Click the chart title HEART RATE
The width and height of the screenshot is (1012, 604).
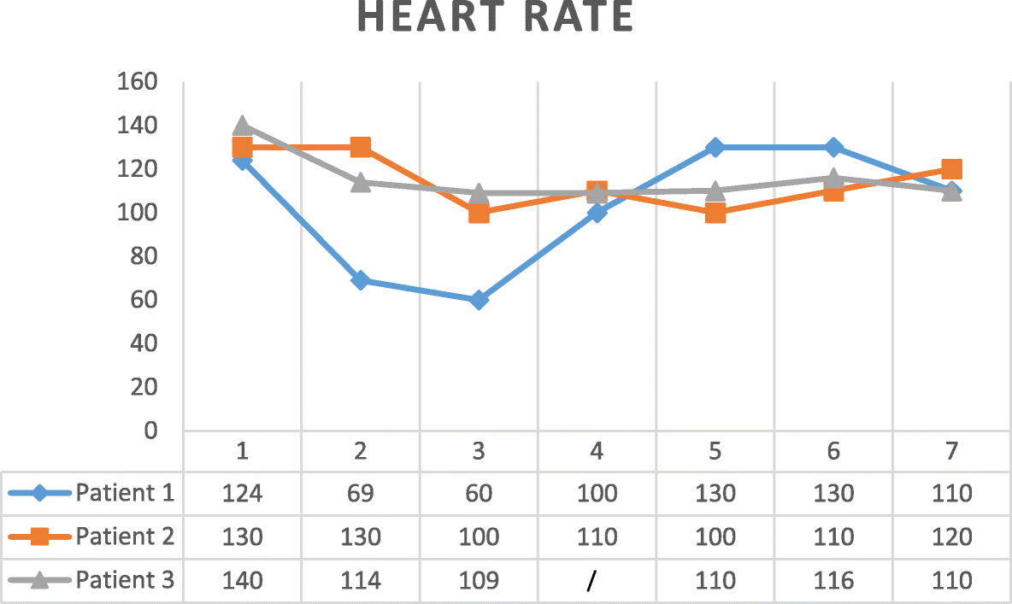pyautogui.click(x=495, y=17)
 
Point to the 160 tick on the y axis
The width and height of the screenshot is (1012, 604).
pyautogui.click(x=138, y=82)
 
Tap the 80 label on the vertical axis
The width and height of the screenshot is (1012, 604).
pyautogui.click(x=143, y=256)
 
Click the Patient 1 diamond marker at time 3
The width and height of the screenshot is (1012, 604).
pyautogui.click(x=479, y=300)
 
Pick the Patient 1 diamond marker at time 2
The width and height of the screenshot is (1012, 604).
pyautogui.click(x=361, y=280)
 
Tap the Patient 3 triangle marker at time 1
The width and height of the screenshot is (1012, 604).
pyautogui.click(x=242, y=126)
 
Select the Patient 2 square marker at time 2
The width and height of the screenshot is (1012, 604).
pyautogui.click(x=361, y=147)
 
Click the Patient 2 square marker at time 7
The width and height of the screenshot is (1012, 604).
pyautogui.click(x=952, y=169)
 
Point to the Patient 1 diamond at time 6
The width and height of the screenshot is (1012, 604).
pyautogui.click(x=833, y=147)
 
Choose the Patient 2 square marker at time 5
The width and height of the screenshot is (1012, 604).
pyautogui.click(x=715, y=213)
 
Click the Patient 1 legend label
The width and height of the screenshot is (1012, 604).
pyautogui.click(x=125, y=493)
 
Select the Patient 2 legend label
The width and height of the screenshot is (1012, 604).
pyautogui.click(x=125, y=537)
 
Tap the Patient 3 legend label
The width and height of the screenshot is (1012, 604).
pyautogui.click(x=125, y=581)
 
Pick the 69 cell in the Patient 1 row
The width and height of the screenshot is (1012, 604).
pyautogui.click(x=361, y=493)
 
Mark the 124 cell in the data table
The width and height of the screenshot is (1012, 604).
pyautogui.click(x=242, y=493)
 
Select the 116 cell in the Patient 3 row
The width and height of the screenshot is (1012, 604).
pyautogui.click(x=833, y=581)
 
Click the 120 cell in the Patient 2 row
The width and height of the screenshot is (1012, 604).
pyautogui.click(x=952, y=537)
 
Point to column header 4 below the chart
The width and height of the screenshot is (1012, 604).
pyautogui.click(x=597, y=450)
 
